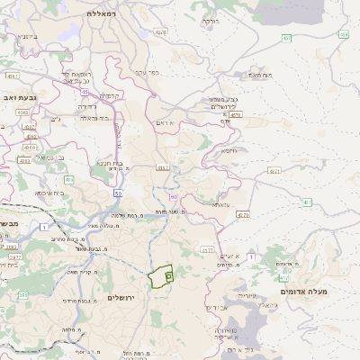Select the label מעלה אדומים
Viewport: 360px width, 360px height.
304,292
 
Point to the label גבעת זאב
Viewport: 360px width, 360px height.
18,95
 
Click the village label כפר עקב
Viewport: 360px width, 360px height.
148,72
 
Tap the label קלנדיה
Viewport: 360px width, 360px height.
110,95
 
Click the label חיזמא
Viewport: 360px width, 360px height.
229,150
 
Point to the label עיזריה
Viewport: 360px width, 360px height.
247,294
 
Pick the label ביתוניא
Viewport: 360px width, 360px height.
27,36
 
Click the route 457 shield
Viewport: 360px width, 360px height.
286,38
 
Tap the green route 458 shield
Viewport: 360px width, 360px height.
344,34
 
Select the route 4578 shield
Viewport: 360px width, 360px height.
160,32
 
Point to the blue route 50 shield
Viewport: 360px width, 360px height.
118,193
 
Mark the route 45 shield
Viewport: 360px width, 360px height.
84,91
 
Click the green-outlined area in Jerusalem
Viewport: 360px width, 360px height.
160,275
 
